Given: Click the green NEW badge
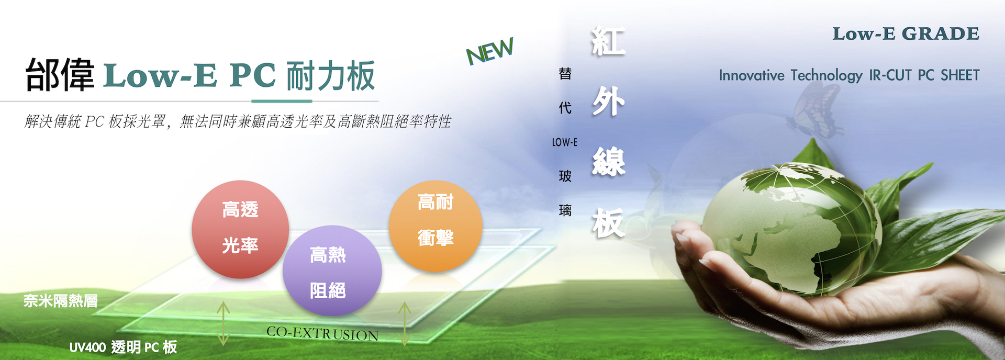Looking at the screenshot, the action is pos(490,51).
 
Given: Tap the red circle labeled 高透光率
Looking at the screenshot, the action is pos(240,229).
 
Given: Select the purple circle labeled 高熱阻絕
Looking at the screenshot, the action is pos(332,271).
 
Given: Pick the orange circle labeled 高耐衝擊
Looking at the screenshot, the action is pos(435,226).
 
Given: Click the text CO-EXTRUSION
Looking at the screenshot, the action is pos(322,333).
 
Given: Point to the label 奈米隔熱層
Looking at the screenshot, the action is pos(61,301).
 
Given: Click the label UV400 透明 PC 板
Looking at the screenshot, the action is pos(123,347).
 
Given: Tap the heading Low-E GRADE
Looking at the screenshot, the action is pos(906,34).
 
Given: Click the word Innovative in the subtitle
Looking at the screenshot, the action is pos(751,75).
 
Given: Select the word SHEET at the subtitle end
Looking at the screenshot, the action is pos(960,75).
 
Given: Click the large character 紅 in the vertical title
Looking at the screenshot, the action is pos(608,41).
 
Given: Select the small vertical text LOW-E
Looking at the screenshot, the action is pos(565,142).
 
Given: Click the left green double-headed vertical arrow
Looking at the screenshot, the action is pos(224,323).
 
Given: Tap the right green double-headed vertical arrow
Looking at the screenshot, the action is pos(404,323).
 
